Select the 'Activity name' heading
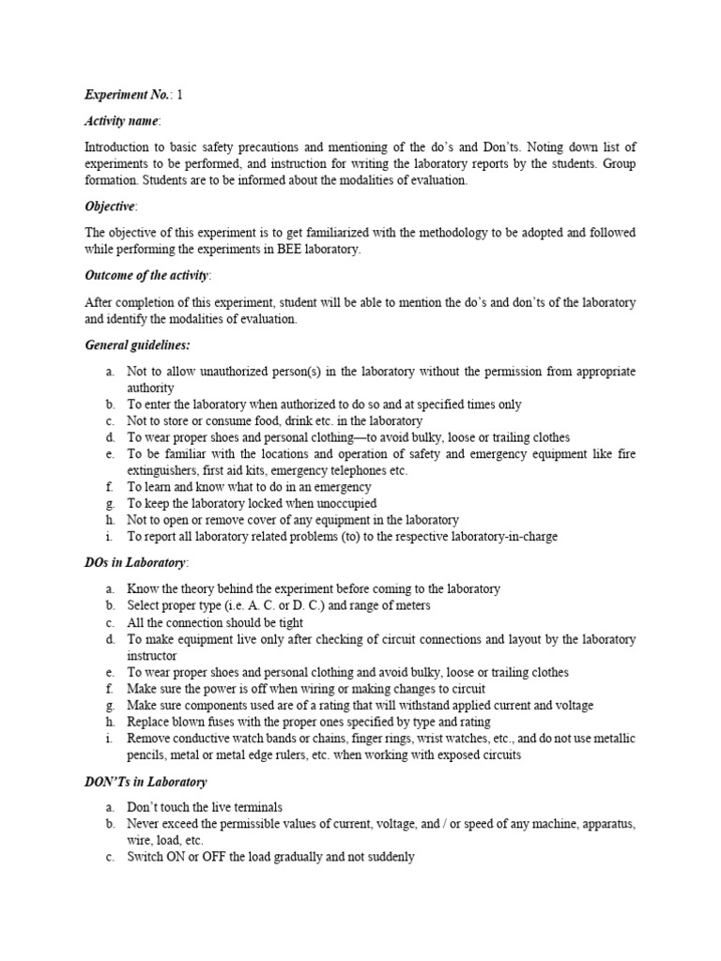121,121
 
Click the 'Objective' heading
110,206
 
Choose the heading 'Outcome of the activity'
147,276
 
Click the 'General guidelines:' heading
137,345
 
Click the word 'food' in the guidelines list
268,421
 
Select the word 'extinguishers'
161,471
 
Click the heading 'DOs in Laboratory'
136,562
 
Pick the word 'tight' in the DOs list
286,622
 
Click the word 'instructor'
151,655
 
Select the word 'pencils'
149,755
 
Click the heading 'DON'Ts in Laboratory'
146,781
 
